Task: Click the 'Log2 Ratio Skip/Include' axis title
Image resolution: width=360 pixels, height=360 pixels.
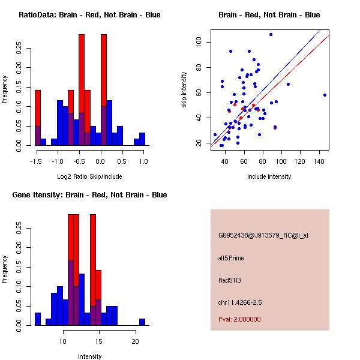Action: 89,176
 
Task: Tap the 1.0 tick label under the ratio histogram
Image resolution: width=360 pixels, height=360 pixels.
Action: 143,161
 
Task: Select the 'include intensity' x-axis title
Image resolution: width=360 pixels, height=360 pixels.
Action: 269,176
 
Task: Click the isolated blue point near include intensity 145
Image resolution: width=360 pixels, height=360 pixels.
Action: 325,95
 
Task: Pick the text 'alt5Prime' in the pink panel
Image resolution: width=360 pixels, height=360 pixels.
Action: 231,258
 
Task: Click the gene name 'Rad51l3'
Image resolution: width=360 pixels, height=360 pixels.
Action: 229,280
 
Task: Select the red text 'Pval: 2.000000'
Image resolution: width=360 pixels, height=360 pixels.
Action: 239,320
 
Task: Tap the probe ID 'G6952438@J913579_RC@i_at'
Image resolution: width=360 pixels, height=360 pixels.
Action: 263,236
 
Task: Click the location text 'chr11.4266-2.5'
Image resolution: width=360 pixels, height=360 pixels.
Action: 239,302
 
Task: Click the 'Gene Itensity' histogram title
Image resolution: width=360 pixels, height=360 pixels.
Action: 89,195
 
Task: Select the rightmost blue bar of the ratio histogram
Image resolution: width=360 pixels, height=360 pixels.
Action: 142,139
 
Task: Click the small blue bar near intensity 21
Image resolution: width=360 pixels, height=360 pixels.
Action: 142,322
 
